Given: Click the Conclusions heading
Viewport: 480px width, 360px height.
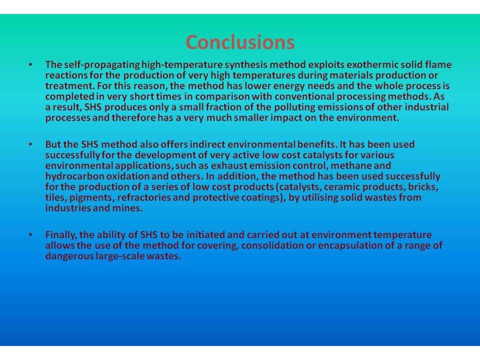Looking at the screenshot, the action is tap(240, 42).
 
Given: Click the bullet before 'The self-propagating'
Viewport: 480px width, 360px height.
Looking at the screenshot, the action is tap(30, 64).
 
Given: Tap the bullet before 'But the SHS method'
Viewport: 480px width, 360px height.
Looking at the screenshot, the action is tap(30, 144).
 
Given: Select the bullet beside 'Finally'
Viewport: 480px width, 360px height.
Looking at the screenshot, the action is tap(30, 235).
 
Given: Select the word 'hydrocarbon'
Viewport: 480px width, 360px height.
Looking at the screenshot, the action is tap(74, 176).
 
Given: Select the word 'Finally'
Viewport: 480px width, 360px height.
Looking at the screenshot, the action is tap(61, 235).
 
